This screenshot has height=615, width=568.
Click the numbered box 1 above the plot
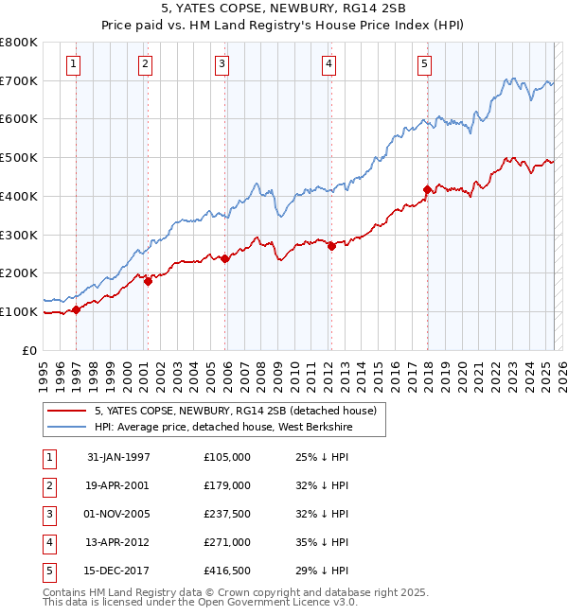74,64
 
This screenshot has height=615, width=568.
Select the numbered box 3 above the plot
221,64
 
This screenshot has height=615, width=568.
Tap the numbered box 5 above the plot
423,64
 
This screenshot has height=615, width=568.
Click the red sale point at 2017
427,189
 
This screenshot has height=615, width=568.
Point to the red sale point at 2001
149,281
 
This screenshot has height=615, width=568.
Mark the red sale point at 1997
76,309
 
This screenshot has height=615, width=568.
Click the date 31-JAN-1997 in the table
118,457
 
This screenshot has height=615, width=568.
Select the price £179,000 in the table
226,485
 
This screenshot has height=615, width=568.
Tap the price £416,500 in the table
226,571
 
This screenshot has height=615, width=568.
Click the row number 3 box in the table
46,514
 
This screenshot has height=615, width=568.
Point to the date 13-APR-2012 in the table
118,542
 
